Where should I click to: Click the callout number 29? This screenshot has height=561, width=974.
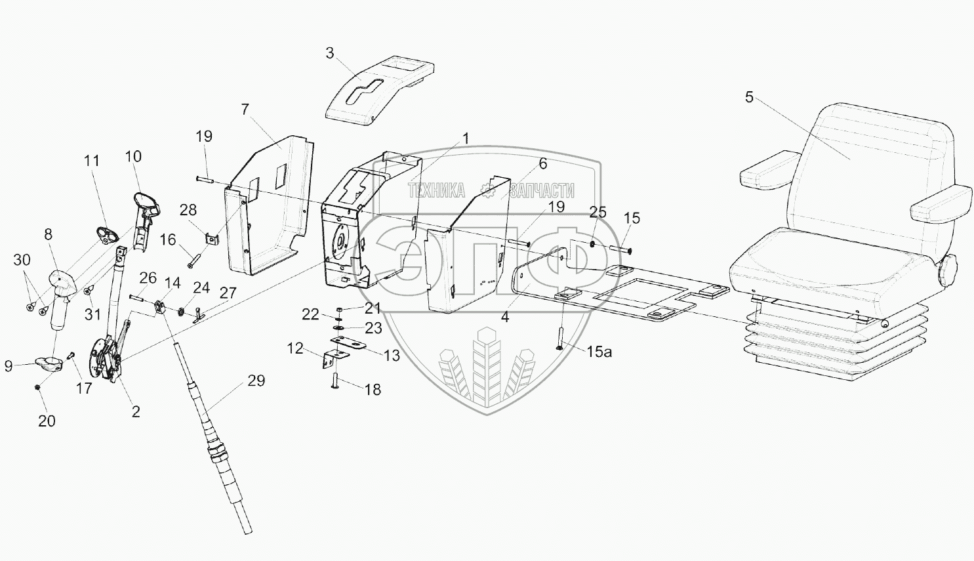coord(256,381)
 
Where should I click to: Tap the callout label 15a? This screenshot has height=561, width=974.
coord(599,352)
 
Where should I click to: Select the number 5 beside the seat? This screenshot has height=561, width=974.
coord(749,98)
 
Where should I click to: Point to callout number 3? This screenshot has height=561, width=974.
coord(330,53)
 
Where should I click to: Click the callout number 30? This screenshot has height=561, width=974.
coord(22,260)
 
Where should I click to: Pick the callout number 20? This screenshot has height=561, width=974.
coord(47,421)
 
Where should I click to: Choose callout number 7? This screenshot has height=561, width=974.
coord(245,109)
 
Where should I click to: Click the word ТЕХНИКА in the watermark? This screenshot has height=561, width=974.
coord(436,191)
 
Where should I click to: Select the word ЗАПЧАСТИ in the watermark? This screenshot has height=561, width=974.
coord(542,191)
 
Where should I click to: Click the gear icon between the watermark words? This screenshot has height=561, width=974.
coord(487,191)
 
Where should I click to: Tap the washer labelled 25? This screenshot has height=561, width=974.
coord(593,245)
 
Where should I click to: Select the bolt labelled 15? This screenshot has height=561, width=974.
coord(620,249)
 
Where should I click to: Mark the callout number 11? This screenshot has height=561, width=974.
coord(92,161)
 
